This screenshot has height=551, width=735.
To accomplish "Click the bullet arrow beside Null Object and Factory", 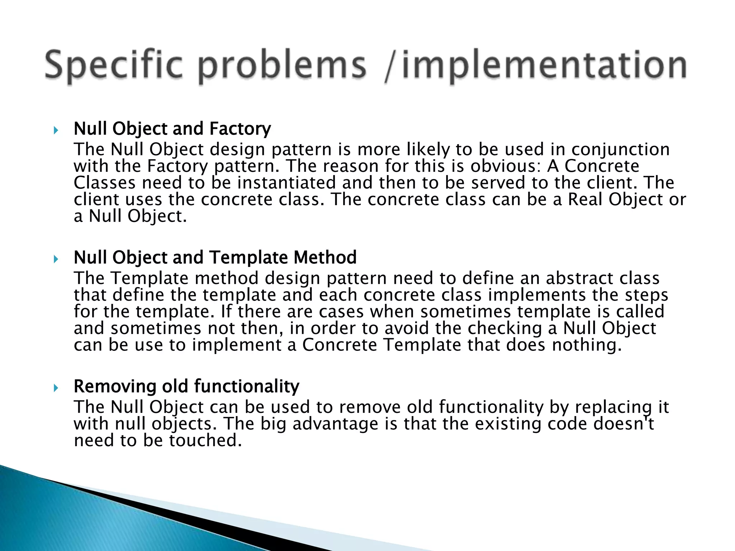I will click(56, 130).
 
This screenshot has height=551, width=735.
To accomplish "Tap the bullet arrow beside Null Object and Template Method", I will click(56, 259).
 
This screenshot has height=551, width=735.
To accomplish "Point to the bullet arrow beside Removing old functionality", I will click(56, 388).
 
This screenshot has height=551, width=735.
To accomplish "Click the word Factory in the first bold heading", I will click(240, 129).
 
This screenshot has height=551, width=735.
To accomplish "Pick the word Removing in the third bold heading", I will click(114, 386).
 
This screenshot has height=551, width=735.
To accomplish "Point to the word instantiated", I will click(286, 183).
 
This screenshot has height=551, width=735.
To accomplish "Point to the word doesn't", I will click(623, 424).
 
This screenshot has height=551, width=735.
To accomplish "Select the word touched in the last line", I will click(205, 441).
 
